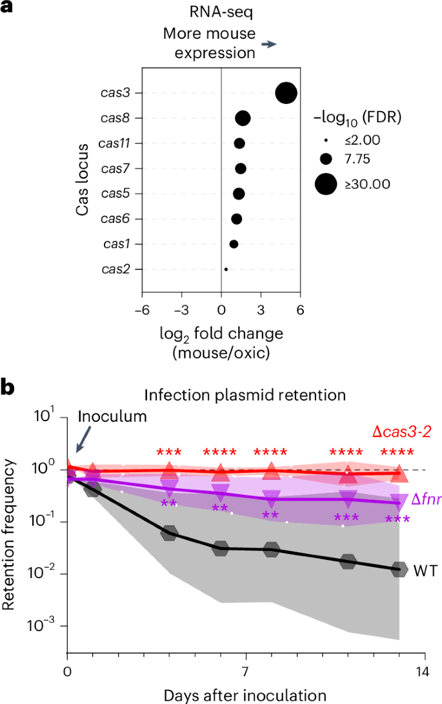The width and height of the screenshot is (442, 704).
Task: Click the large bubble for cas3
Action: tap(286, 93)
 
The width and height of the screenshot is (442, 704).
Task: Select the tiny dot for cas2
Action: tap(226, 269)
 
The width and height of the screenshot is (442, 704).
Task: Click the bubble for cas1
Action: tap(234, 243)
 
